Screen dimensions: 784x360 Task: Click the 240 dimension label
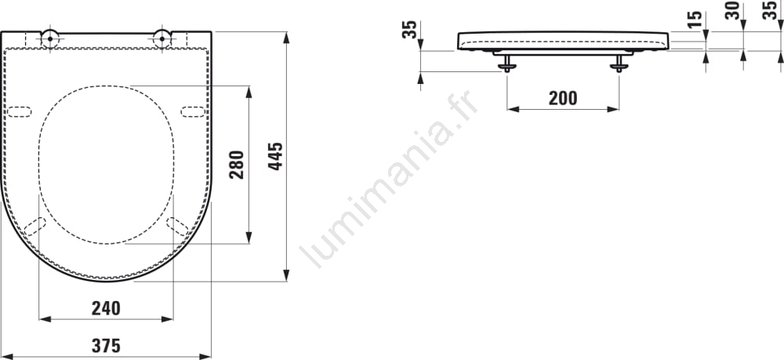coord(106,308)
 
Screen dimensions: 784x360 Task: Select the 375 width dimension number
coord(106,346)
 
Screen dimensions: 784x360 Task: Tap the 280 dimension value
coord(237,165)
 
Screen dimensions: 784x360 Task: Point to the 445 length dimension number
coord(275,156)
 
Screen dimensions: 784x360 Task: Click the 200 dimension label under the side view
coord(563,99)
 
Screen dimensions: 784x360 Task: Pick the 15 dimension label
coord(694,20)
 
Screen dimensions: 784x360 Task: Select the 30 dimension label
coord(732,10)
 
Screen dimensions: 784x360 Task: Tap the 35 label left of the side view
coord(409,30)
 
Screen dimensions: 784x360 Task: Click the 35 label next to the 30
coord(770,10)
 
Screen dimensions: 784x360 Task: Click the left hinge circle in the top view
coord(50,37)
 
